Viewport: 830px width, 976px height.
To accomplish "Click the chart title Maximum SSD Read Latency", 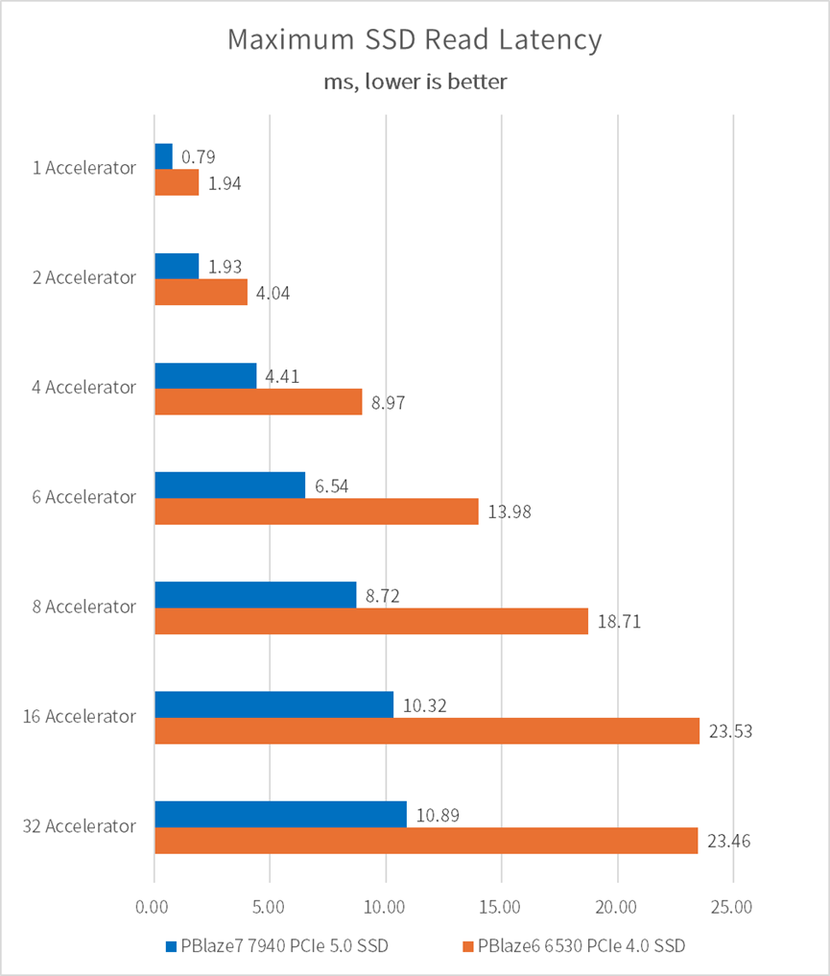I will coord(415,40).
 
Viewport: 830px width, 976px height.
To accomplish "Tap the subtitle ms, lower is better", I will coord(415,82).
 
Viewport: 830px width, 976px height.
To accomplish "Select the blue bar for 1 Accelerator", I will coord(163,155).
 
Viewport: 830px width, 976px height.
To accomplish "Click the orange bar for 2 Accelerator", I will coord(201,292).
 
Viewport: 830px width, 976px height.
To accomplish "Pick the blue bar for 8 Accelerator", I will coord(255,595).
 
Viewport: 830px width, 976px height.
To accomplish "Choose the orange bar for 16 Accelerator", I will coord(427,731).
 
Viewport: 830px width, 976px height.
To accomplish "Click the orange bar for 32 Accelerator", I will coord(426,841).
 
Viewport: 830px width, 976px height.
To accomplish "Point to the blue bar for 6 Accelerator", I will coord(229,485).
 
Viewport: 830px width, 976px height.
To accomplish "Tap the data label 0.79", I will coord(199,156).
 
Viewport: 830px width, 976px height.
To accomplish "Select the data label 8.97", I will coord(389,403).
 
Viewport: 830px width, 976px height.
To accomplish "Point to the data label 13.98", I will coord(510,512).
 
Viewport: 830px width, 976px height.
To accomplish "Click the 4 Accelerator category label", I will coord(82,388).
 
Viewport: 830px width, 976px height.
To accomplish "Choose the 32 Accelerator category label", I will coord(78,825).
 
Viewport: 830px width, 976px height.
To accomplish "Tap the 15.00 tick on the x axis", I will coord(501,905).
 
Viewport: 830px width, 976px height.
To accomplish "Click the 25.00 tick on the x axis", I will coord(733,905).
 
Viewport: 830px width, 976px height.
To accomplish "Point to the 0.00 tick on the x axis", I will coord(154,905).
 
